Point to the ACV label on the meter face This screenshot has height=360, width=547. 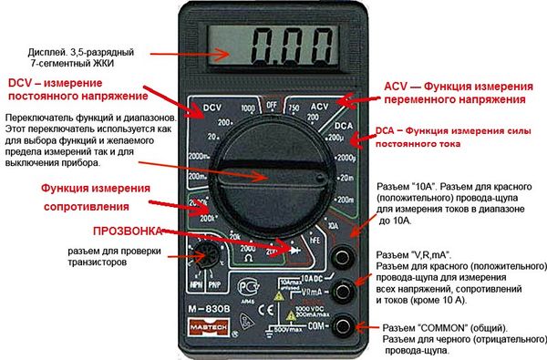[x=318, y=108]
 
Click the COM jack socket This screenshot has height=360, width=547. [x=344, y=324]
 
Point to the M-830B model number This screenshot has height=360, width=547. [x=209, y=309]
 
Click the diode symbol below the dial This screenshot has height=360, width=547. [x=294, y=249]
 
